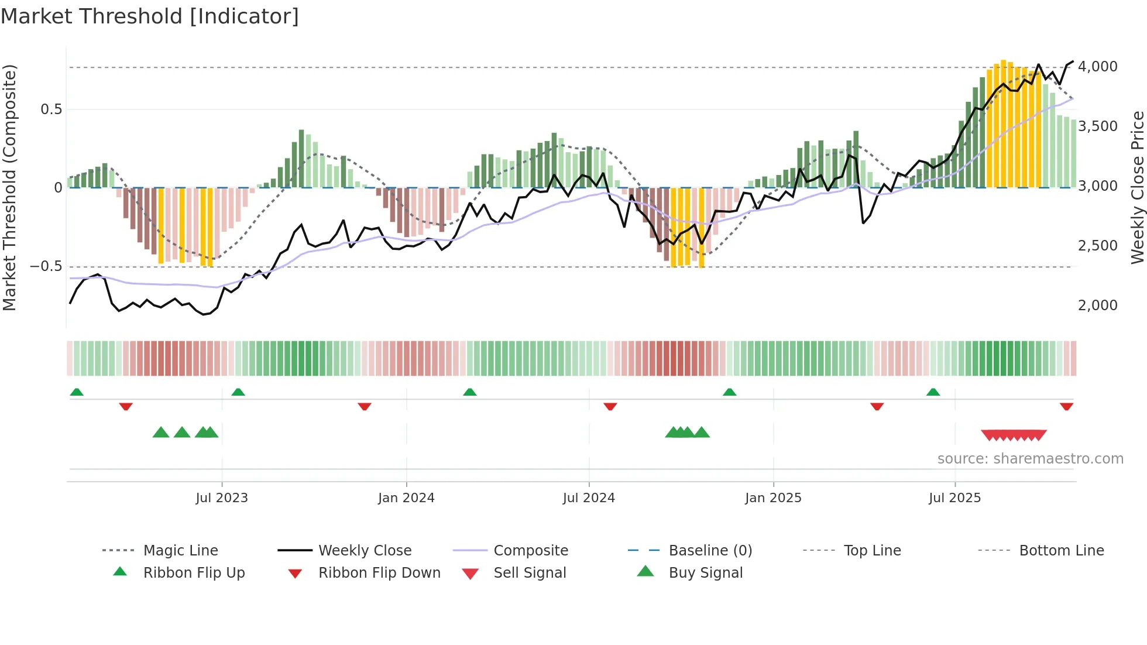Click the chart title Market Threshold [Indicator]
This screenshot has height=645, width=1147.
tap(150, 16)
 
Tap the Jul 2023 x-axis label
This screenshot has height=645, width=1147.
tap(222, 498)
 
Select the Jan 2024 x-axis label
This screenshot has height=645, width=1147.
tap(406, 498)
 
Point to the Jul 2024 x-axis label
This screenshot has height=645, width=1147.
tap(589, 498)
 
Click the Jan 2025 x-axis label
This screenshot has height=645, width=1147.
tap(773, 498)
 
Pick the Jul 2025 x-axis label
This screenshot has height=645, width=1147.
tap(954, 498)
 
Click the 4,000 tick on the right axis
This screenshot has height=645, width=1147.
tap(1097, 67)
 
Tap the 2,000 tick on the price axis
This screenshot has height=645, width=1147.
tap(1097, 306)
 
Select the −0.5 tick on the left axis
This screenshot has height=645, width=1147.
tap(46, 266)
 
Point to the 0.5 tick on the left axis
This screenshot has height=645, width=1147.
tap(51, 109)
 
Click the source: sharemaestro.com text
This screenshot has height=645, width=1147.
tap(1030, 459)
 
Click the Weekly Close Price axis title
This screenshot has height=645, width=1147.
tap(1137, 187)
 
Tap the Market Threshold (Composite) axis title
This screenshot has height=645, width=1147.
tap(9, 187)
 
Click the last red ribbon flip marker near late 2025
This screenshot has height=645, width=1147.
tap(1066, 406)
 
